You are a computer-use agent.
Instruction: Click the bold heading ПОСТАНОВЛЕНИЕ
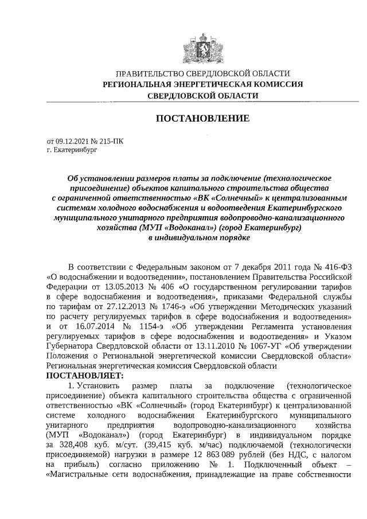pos(203,119)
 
